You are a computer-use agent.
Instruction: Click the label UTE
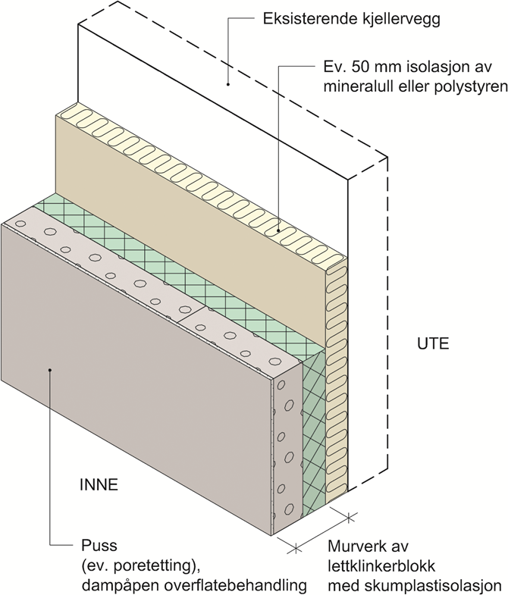click(433, 342)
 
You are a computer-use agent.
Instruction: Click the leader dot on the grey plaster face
click(50, 370)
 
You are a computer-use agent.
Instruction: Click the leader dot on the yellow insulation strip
click(278, 230)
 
